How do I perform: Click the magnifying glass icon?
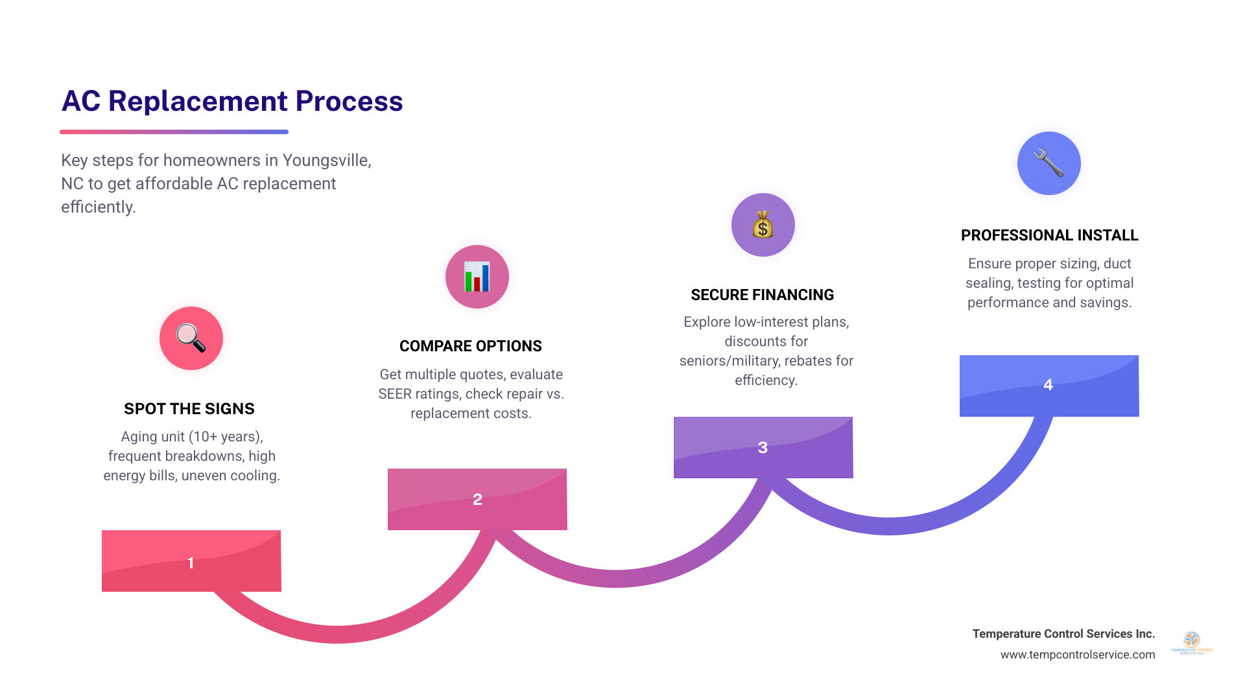[191, 338]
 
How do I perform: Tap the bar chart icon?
[477, 277]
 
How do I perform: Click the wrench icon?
[1049, 163]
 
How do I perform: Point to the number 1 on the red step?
[191, 563]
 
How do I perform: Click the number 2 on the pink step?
[477, 500]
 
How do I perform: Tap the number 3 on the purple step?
[763, 448]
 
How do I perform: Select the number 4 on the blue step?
[1048, 385]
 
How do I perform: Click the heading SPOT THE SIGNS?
[189, 409]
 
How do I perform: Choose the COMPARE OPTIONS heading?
[470, 346]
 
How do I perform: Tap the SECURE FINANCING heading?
[762, 295]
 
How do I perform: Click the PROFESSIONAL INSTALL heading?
[1049, 235]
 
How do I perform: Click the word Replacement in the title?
[198, 101]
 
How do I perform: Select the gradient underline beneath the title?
[174, 132]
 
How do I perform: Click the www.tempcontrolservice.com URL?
[1077, 655]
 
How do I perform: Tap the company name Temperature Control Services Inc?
[1063, 634]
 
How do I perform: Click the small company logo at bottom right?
[1192, 643]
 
